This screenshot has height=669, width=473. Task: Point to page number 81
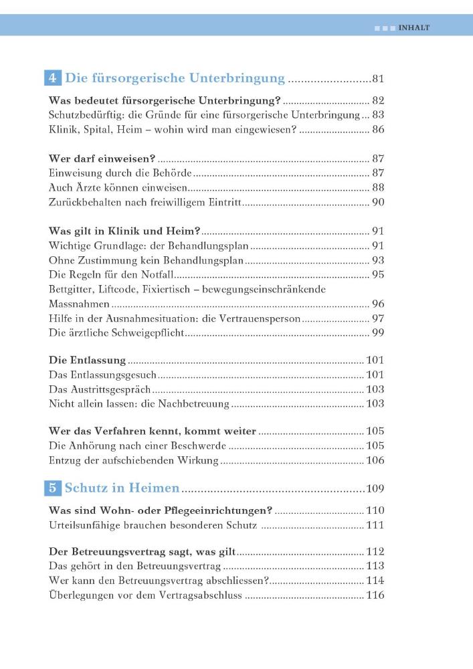(378, 80)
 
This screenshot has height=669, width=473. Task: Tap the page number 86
(378, 129)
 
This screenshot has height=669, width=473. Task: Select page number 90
(378, 202)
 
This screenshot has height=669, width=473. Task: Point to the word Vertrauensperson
(260, 318)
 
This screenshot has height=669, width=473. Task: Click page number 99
(378, 332)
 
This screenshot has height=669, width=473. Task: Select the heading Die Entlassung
(88, 361)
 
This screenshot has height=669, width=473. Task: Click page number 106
(375, 460)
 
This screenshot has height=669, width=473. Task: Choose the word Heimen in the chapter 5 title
(156, 488)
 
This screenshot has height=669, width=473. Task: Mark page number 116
(375, 595)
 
